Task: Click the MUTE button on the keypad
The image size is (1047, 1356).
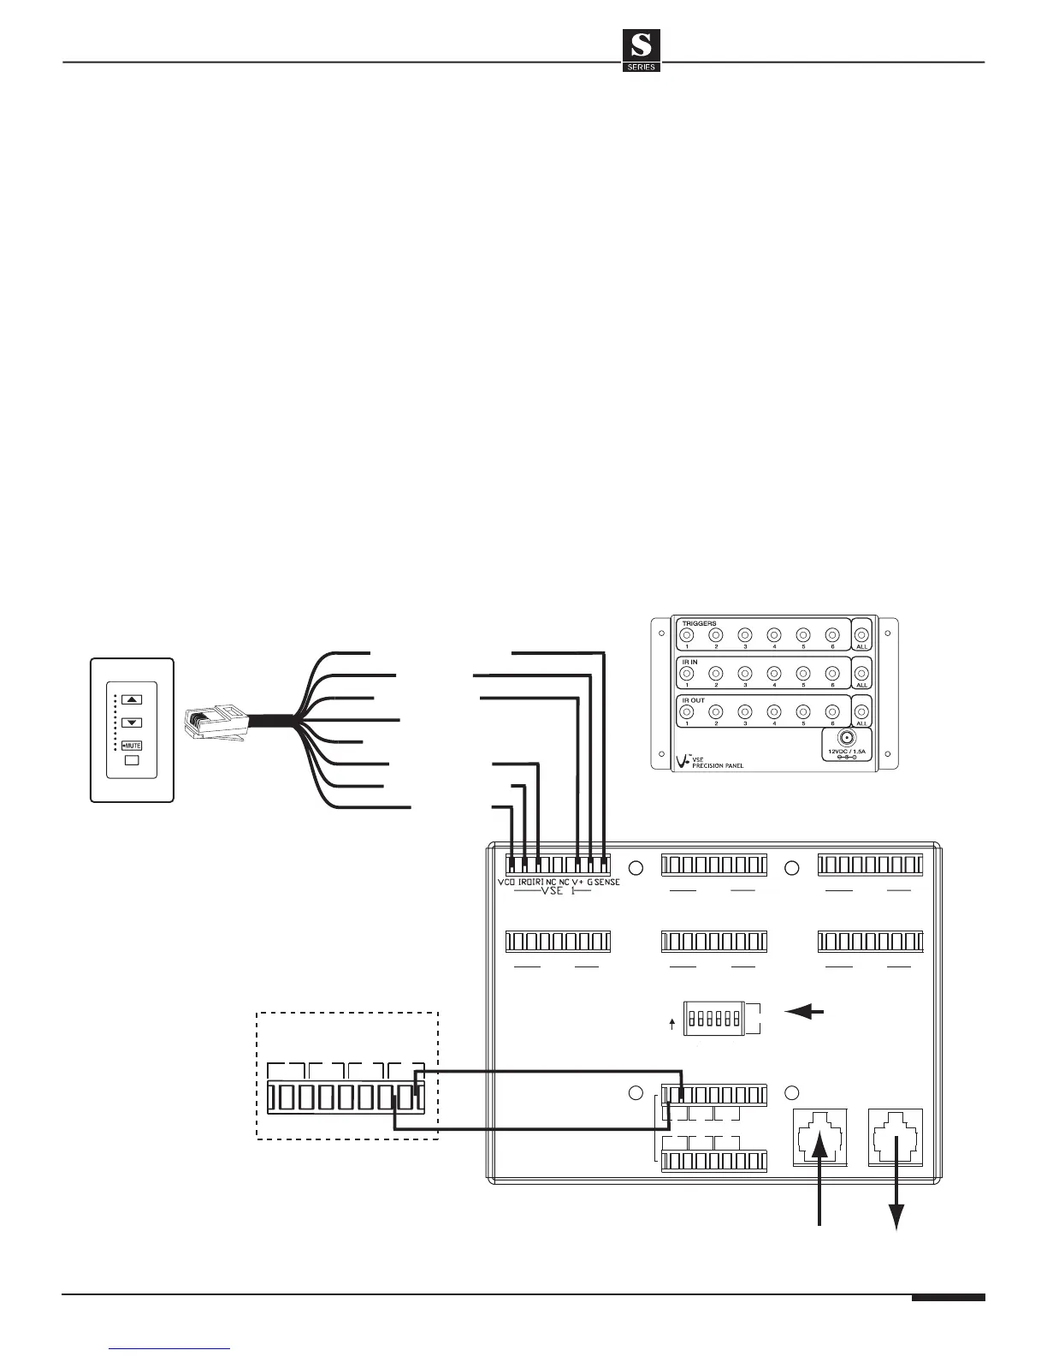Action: [x=131, y=746]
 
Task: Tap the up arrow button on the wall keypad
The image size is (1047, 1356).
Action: [x=131, y=699]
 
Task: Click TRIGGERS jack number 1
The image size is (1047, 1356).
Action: [x=686, y=635]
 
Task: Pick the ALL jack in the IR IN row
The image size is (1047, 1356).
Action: [x=861, y=673]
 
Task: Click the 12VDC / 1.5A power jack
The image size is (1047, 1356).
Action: [x=844, y=738]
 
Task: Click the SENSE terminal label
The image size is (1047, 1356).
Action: [x=607, y=882]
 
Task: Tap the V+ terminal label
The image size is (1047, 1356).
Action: [x=578, y=882]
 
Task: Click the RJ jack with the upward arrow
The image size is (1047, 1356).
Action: [x=820, y=1138]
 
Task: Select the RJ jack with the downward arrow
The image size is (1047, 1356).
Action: [x=896, y=1138]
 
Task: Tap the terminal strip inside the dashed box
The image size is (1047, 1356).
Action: [x=346, y=1097]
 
